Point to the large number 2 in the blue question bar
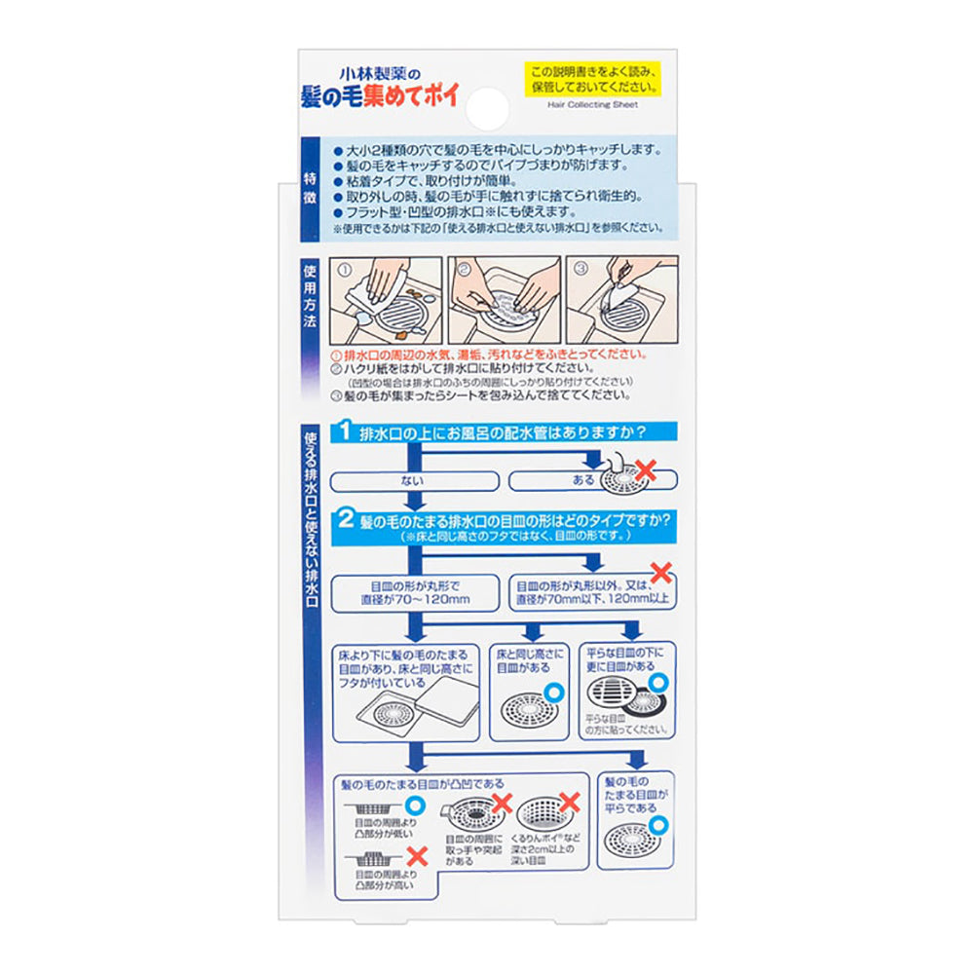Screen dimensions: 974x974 (345, 521)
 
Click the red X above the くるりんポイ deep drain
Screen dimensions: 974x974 (570, 803)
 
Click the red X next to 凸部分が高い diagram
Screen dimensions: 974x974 (417, 856)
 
